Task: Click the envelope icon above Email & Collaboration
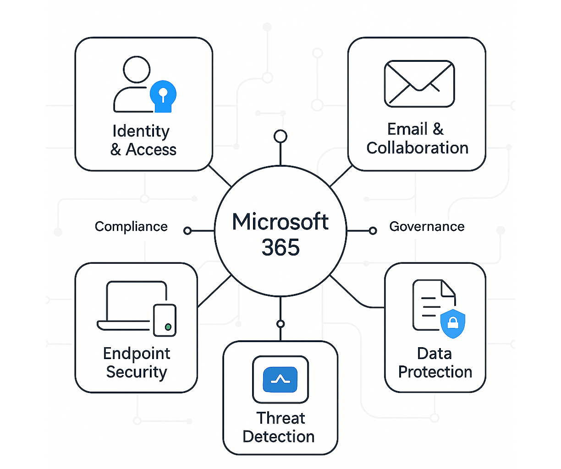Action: point(419,84)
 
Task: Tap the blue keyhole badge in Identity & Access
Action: point(163,95)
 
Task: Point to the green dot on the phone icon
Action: point(168,327)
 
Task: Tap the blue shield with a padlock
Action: point(452,324)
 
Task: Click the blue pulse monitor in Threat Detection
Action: point(280,379)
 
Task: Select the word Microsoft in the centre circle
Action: point(280,222)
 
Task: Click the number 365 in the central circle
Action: point(280,248)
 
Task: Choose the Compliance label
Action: point(131,227)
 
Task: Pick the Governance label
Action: point(427,227)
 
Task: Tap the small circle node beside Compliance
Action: point(187,231)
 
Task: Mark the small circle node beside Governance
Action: point(373,231)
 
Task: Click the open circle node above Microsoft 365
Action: point(280,136)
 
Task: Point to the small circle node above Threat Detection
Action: point(280,324)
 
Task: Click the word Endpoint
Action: point(137,354)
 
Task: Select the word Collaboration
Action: point(417,148)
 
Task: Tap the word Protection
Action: point(435,372)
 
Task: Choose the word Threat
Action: point(280,418)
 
